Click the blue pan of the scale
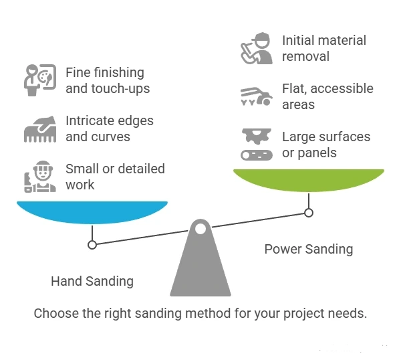point(92,212)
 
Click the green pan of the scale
point(309,180)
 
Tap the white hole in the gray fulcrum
point(200,229)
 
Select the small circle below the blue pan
point(92,245)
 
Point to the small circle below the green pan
point(309,213)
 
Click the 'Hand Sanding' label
point(92,282)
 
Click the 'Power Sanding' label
point(309,250)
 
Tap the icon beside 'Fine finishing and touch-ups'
point(40,80)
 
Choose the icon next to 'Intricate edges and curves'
point(40,128)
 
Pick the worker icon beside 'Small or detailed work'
point(40,177)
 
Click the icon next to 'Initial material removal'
point(257,48)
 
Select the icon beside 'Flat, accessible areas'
point(257,96)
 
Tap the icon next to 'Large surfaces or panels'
point(257,145)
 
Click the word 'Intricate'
point(87,120)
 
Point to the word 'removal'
point(305,56)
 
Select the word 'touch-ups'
point(120,89)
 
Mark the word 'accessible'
point(342,88)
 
